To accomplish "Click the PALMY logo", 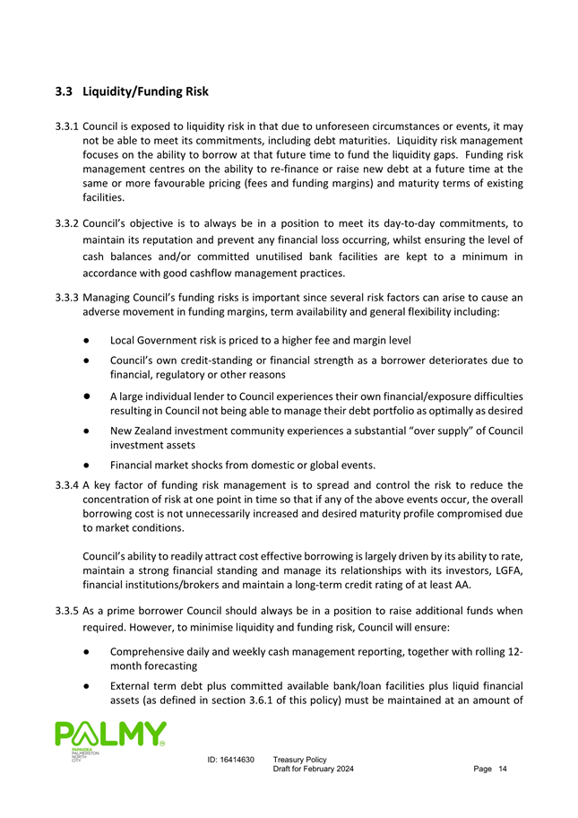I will click(109, 739).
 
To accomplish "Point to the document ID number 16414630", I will click(237, 760).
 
